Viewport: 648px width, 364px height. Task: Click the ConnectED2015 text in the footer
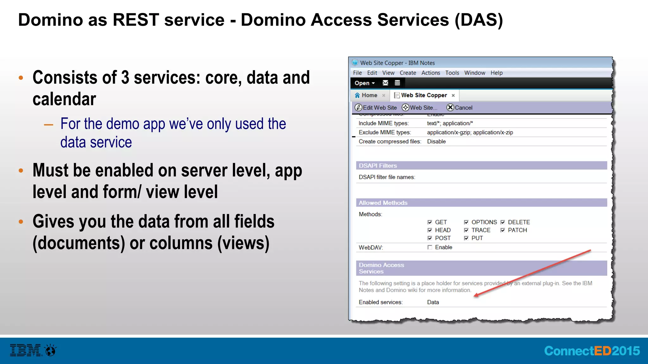pyautogui.click(x=591, y=351)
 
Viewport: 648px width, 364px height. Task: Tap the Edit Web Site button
pyautogui.click(x=376, y=108)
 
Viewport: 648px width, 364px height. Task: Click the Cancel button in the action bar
pyautogui.click(x=459, y=108)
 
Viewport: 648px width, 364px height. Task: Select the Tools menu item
pyautogui.click(x=452, y=73)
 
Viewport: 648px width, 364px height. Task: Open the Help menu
pyautogui.click(x=496, y=73)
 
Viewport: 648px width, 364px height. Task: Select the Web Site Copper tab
pyautogui.click(x=424, y=95)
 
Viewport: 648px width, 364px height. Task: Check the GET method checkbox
pyautogui.click(x=430, y=222)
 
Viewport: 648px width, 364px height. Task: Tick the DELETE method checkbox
pyautogui.click(x=503, y=222)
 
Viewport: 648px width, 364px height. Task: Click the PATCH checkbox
pyautogui.click(x=503, y=230)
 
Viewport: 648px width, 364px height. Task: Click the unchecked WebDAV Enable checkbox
pyautogui.click(x=430, y=247)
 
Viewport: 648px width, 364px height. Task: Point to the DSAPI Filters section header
pyautogui.click(x=378, y=166)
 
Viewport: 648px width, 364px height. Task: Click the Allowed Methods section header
pyautogui.click(x=383, y=203)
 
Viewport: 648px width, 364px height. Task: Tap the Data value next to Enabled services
pyautogui.click(x=433, y=302)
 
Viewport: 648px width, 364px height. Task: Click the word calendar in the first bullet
pyautogui.click(x=64, y=99)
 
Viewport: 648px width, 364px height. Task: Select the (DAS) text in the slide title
pyautogui.click(x=479, y=20)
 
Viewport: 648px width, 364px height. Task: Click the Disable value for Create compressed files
pyautogui.click(x=436, y=142)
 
